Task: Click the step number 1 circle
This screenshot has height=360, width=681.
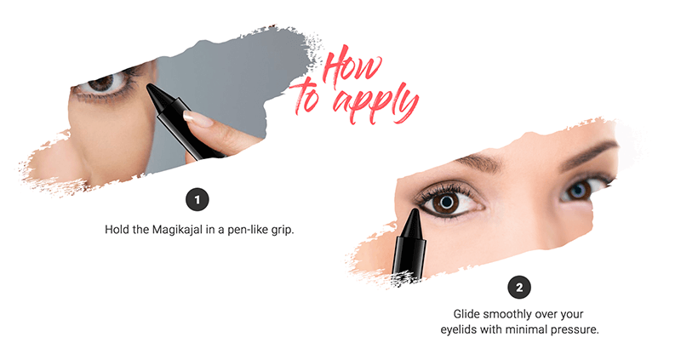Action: click(197, 200)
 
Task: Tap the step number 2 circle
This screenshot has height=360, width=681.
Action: click(519, 287)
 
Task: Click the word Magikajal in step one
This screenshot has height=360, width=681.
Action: click(177, 229)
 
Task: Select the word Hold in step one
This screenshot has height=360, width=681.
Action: click(117, 229)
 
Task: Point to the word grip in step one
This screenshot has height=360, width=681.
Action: click(283, 230)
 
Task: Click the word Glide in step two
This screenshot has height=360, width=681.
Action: click(466, 313)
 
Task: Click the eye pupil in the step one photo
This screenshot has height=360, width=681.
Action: click(103, 81)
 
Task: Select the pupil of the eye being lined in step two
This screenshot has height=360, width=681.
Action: click(447, 203)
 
